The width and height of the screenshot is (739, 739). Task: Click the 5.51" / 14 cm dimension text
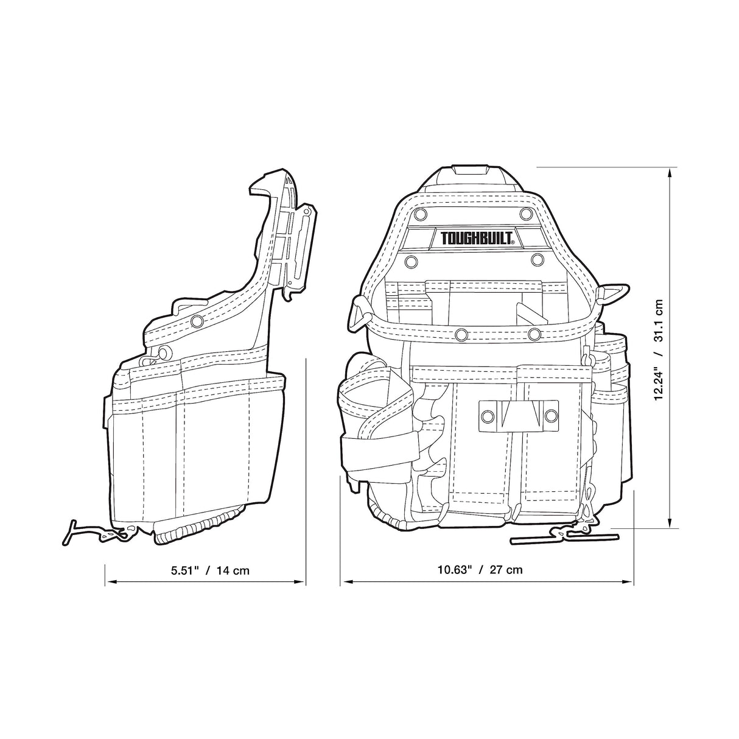click(210, 570)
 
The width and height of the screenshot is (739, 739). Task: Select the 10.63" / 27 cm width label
click(480, 570)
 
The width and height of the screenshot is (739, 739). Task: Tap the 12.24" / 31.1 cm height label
click(659, 349)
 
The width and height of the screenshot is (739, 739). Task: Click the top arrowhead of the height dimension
click(670, 173)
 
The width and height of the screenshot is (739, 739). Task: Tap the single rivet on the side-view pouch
click(196, 321)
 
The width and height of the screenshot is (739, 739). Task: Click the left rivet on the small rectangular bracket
click(487, 415)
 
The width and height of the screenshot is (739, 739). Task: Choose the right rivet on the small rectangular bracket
click(551, 415)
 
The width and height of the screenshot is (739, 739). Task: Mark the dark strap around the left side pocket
click(377, 445)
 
